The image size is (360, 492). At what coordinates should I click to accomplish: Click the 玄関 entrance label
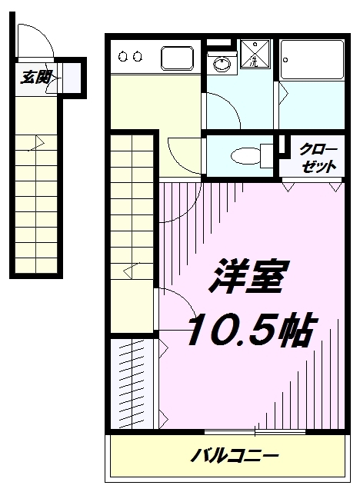click(x=35, y=78)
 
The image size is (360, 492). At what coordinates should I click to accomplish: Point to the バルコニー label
click(x=235, y=456)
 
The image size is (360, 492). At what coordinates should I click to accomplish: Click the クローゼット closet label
click(x=318, y=158)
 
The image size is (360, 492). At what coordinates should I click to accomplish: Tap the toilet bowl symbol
click(x=245, y=155)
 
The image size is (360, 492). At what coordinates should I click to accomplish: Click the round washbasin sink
click(x=222, y=65)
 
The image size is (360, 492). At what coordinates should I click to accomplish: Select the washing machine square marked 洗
click(x=255, y=54)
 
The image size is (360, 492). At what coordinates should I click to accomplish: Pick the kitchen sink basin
click(x=178, y=58)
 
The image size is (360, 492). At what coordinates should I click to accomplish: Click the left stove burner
click(x=123, y=57)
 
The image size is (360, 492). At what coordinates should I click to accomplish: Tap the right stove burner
click(x=138, y=57)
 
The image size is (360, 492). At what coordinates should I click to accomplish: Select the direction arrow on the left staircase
click(x=36, y=144)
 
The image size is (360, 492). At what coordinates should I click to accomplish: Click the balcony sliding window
click(x=255, y=432)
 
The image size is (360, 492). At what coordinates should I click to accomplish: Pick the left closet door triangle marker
click(x=288, y=186)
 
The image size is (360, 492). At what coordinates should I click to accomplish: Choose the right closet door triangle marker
click(x=335, y=186)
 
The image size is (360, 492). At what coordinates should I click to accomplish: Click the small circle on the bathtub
click(x=285, y=60)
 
